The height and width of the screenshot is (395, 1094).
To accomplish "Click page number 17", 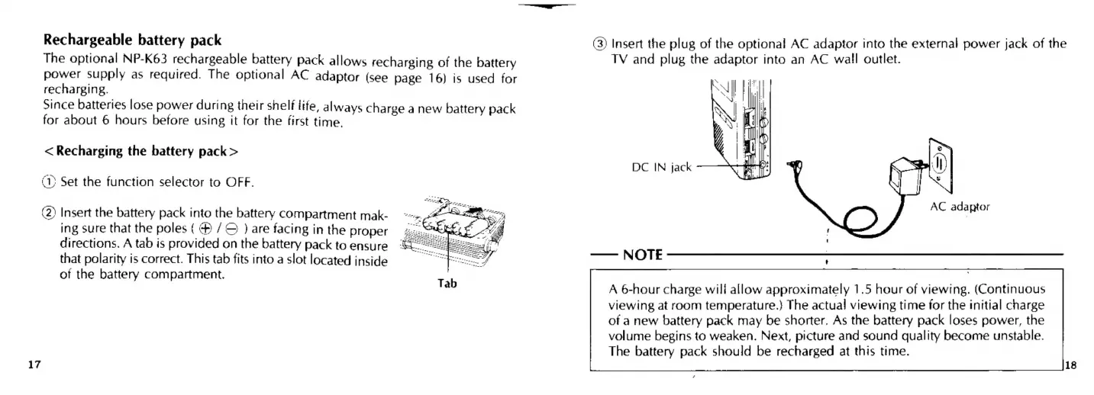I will pyautogui.click(x=34, y=364).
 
